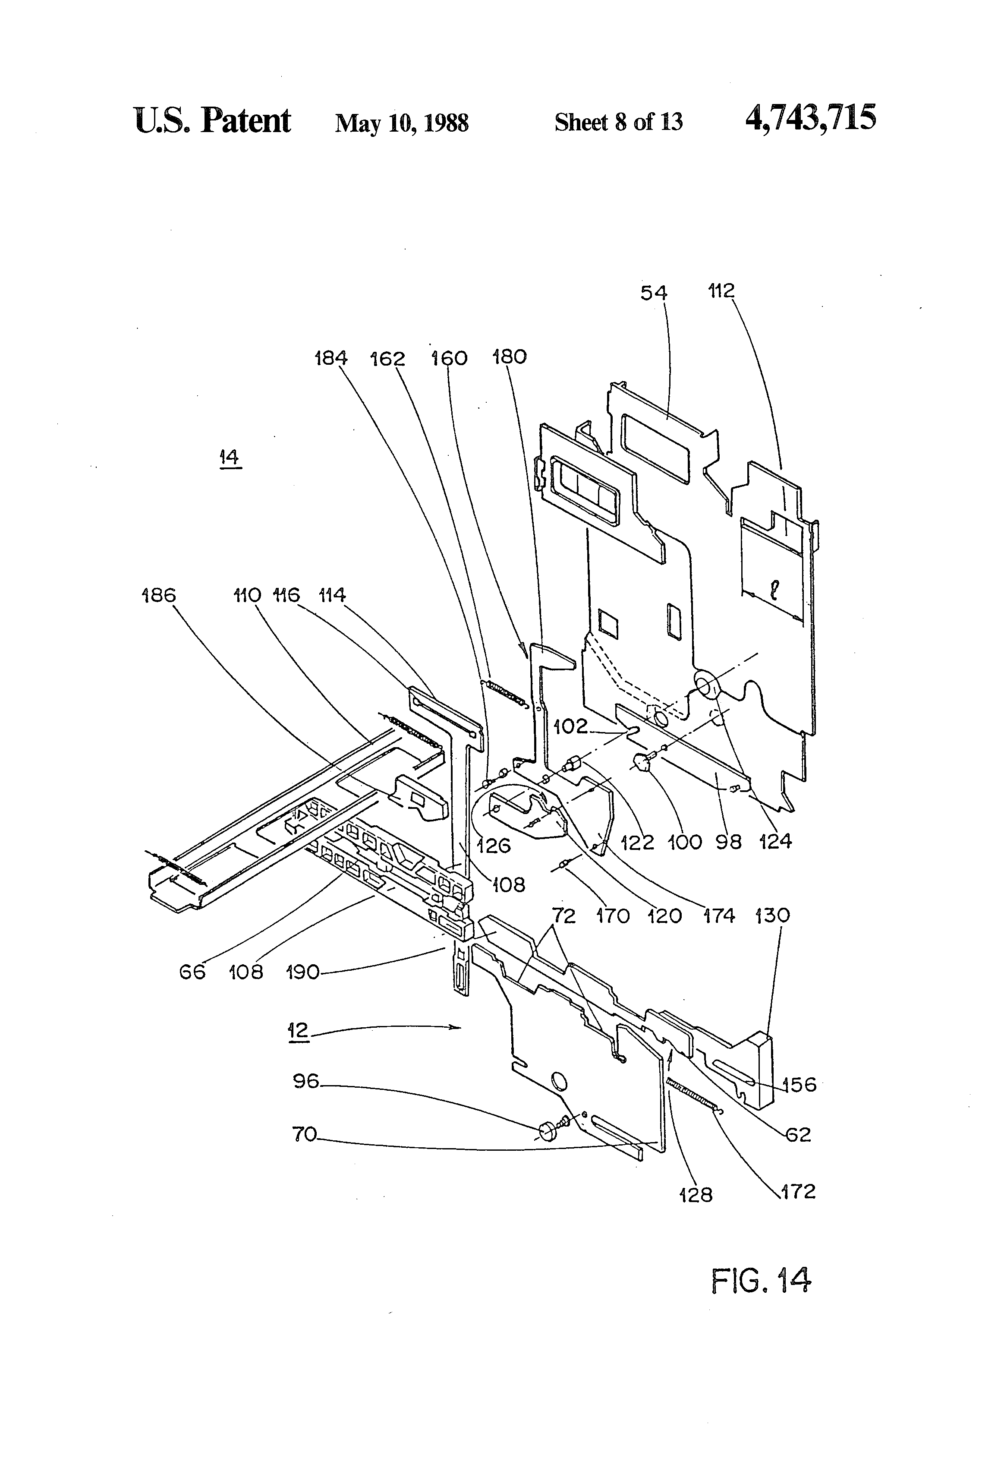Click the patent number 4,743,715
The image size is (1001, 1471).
coord(811,118)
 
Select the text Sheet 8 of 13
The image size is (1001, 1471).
coord(618,122)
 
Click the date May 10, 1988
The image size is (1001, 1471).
coord(402,123)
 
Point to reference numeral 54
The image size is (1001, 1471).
coord(654,293)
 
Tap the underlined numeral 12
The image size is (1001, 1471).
coord(298,1030)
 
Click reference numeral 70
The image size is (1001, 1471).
coord(304,1135)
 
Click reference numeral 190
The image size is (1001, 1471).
coord(302,972)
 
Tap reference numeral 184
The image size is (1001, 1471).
coord(331,358)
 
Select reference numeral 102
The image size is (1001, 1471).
coord(571,726)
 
